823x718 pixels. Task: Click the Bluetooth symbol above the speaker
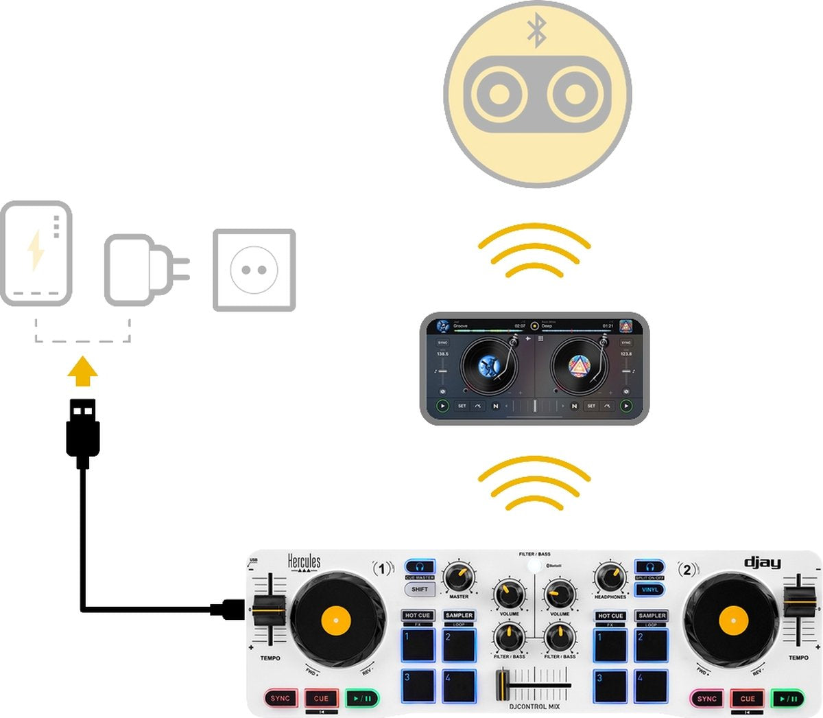pos(536,32)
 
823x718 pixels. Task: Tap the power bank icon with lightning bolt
pos(36,253)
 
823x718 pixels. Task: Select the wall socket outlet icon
pos(254,270)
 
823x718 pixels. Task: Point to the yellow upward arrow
pos(83,371)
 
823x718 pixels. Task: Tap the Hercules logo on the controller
pos(304,562)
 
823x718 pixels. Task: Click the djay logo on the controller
pos(763,563)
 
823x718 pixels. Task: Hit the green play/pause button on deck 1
pos(362,699)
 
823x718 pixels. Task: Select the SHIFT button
pos(420,589)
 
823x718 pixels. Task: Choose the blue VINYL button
pos(649,589)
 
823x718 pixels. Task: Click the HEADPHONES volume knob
pos(610,577)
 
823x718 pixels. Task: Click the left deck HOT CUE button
pos(417,615)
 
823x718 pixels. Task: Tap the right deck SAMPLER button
pos(652,615)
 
